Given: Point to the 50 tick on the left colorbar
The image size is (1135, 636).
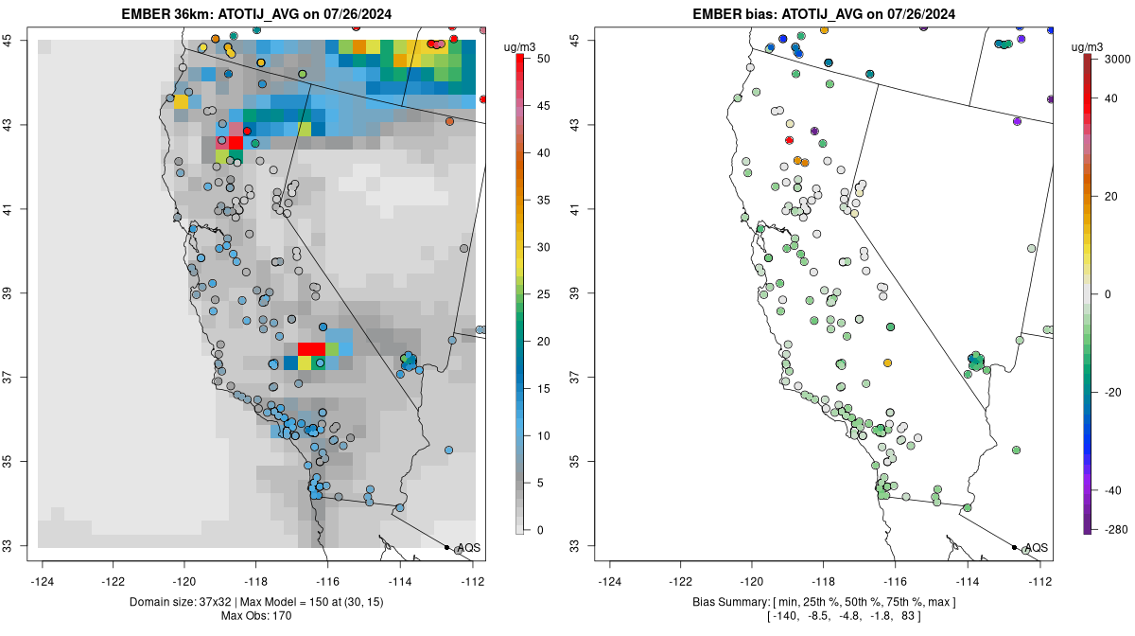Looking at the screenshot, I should point(542,59).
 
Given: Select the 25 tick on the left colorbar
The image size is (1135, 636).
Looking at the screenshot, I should point(542,294).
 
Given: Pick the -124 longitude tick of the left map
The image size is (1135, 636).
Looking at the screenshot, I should point(43,581).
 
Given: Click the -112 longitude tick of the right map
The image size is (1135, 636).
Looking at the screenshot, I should point(1041,581).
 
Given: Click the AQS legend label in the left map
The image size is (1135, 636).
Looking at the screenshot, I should point(468,548).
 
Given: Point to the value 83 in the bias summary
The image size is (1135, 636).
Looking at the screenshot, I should point(912,617).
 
